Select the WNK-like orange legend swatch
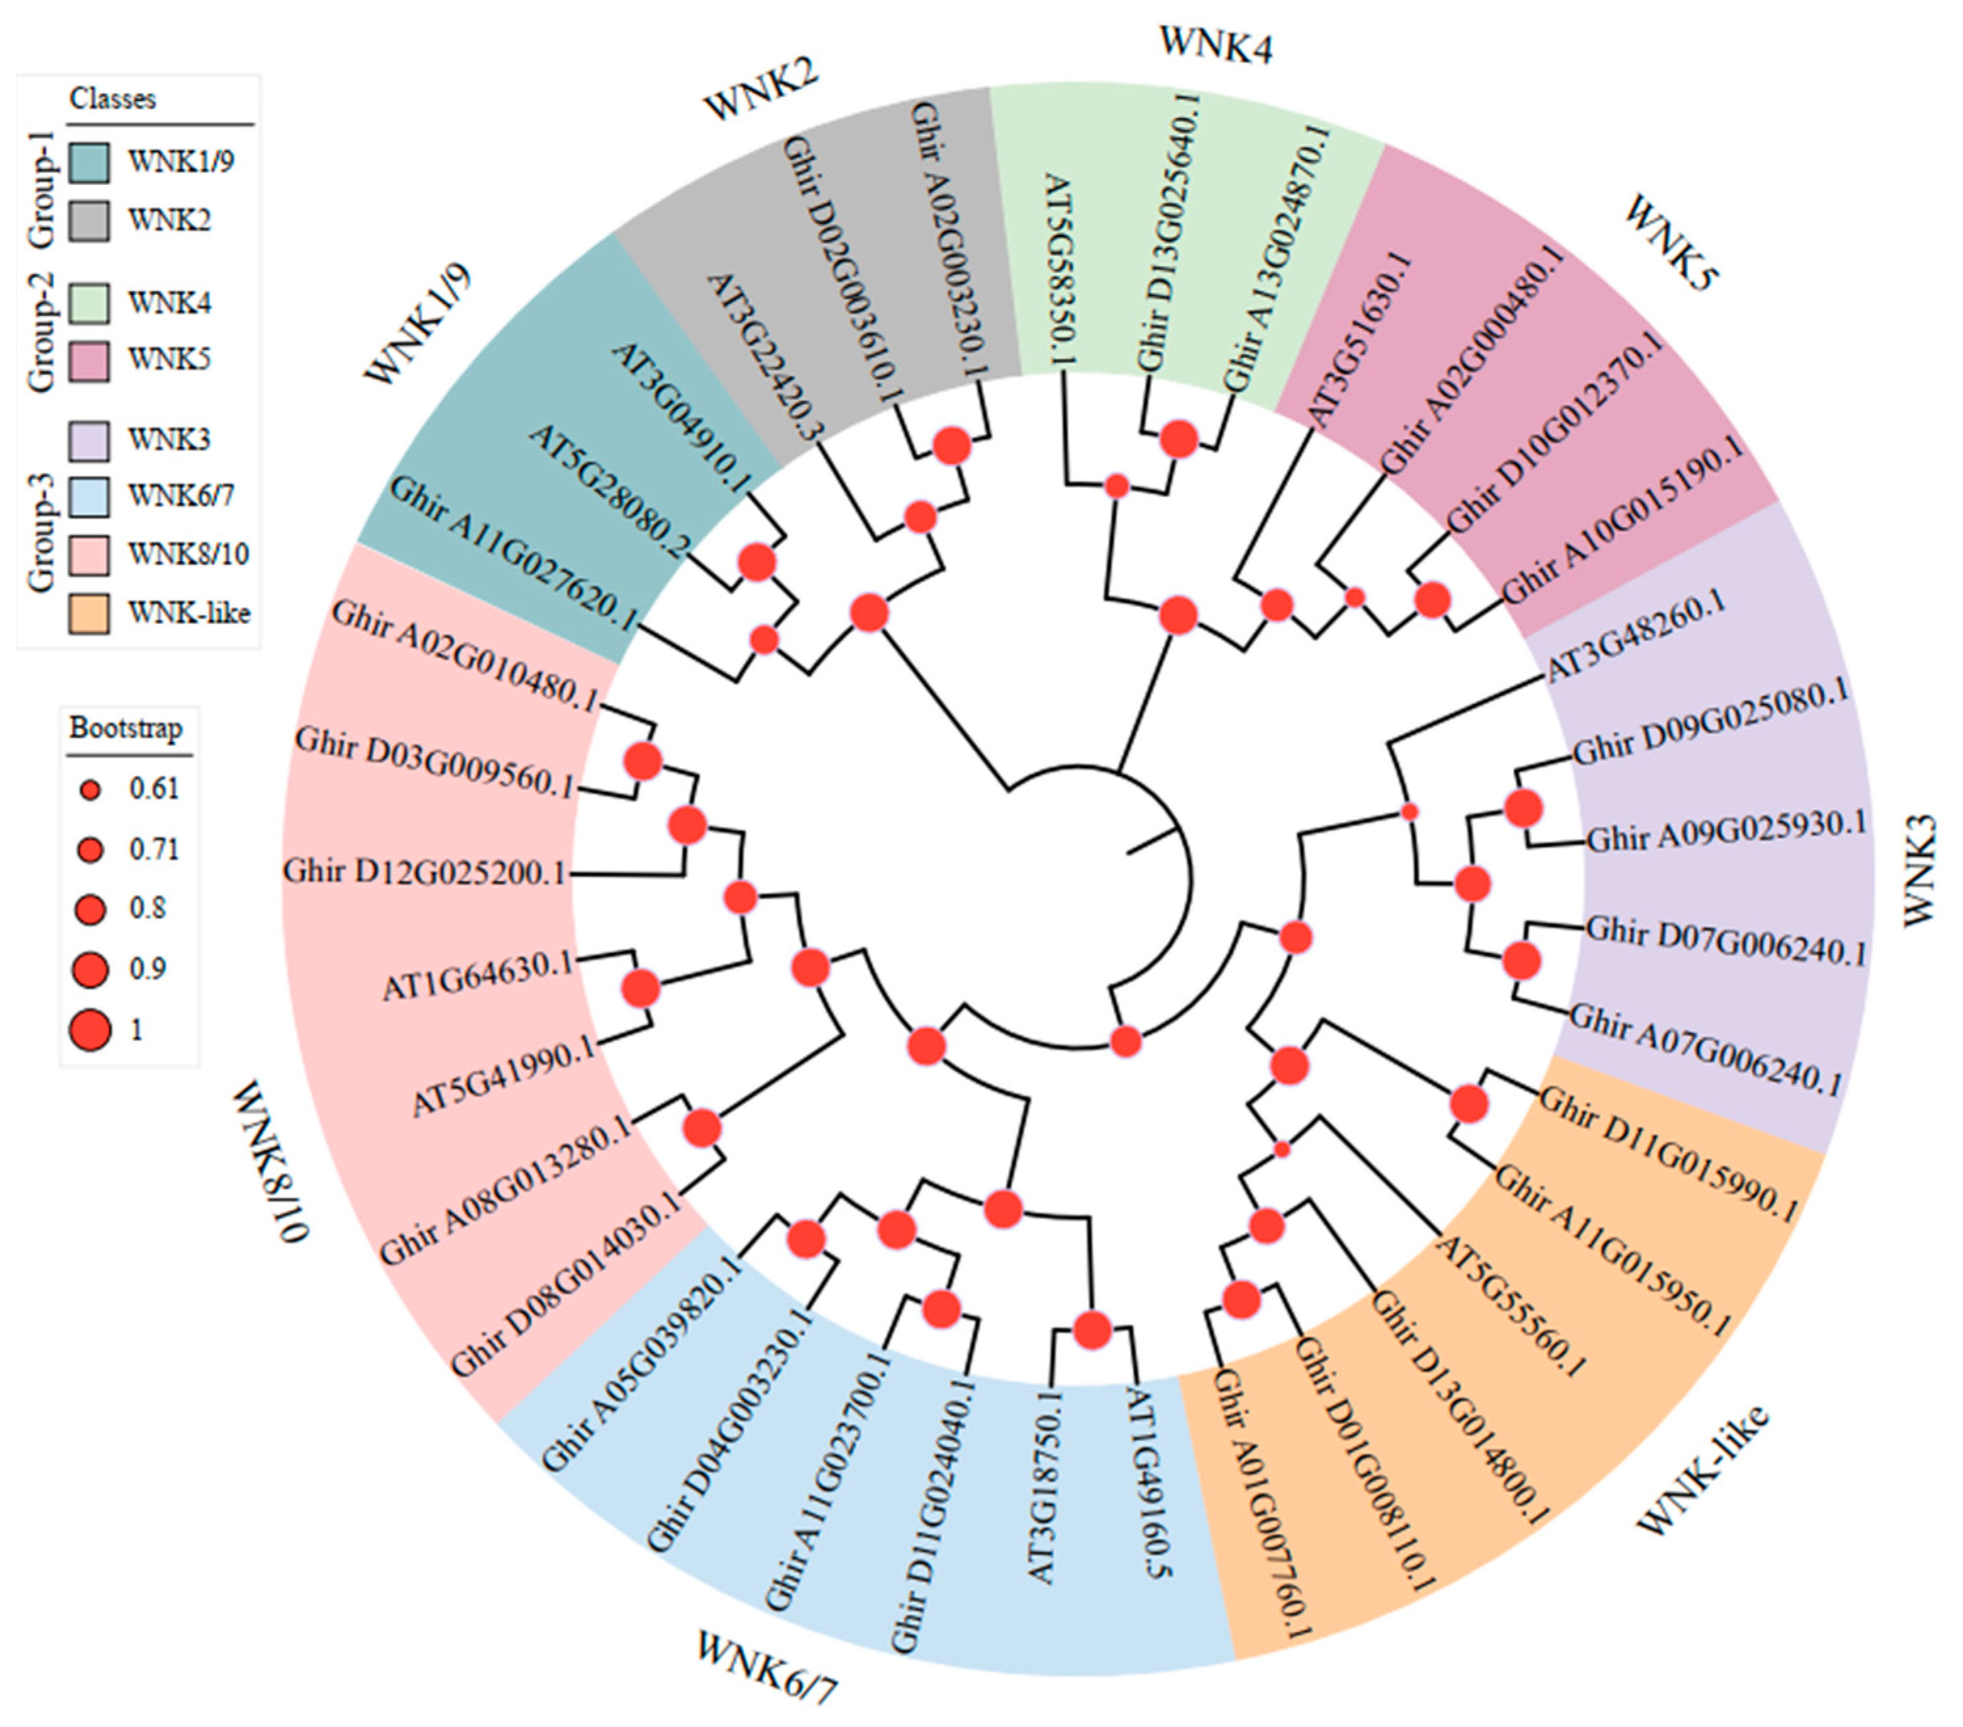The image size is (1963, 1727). pos(88,613)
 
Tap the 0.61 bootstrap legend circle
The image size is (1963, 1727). pos(90,790)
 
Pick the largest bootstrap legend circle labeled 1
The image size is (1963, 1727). pos(90,1030)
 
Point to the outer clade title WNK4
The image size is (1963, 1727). pos(1216,44)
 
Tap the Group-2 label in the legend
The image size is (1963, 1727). pos(41,332)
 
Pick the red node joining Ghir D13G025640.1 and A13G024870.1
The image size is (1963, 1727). pos(1179,439)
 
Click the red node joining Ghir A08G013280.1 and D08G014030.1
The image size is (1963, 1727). pos(702,1129)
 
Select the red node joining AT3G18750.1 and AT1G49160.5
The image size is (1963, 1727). pos(1092,1331)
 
